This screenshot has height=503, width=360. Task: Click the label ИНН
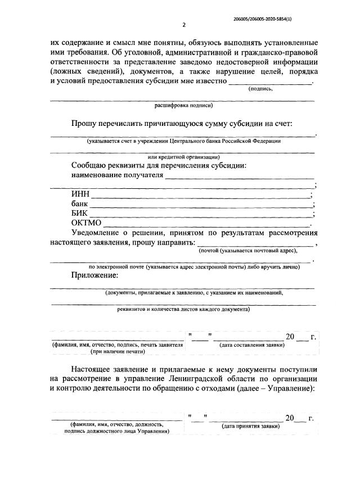pos(80,195)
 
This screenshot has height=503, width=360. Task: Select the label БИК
pos(80,214)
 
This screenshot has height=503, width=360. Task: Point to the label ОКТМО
pos(86,223)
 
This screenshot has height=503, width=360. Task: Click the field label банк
pos(80,204)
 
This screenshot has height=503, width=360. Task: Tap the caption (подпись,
pos(260,88)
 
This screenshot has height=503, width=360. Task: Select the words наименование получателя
pos(118,175)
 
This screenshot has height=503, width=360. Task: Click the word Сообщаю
pos(91,166)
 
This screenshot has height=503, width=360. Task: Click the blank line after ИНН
pos(201,195)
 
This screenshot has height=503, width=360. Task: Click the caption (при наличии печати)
pos(118,351)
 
